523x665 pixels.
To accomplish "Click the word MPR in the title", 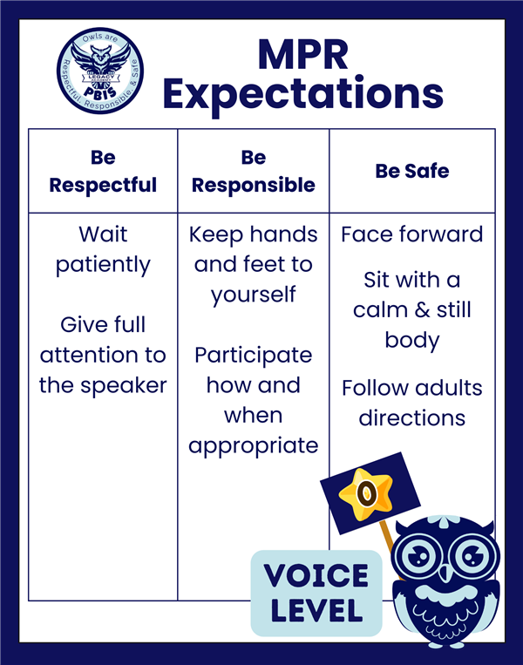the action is (x=303, y=55).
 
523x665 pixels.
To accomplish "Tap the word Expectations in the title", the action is (x=303, y=95).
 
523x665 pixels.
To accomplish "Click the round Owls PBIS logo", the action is (x=100, y=71).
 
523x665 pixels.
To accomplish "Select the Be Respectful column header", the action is (x=103, y=172).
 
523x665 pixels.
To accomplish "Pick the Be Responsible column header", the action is (x=254, y=172).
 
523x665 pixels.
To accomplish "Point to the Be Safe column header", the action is (x=412, y=171).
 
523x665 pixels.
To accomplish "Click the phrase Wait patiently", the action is (x=103, y=250).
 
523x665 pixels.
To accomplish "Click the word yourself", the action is (x=254, y=295).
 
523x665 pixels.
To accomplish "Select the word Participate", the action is (x=254, y=356).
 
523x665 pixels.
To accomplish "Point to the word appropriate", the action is (x=254, y=446).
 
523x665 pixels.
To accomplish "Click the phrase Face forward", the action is (x=412, y=234).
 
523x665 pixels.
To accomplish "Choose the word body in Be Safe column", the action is (x=412, y=341).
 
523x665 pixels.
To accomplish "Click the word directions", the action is (x=412, y=418).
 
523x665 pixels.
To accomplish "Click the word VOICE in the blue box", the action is (x=316, y=575).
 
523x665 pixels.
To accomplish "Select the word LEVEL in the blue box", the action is (x=316, y=610).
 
